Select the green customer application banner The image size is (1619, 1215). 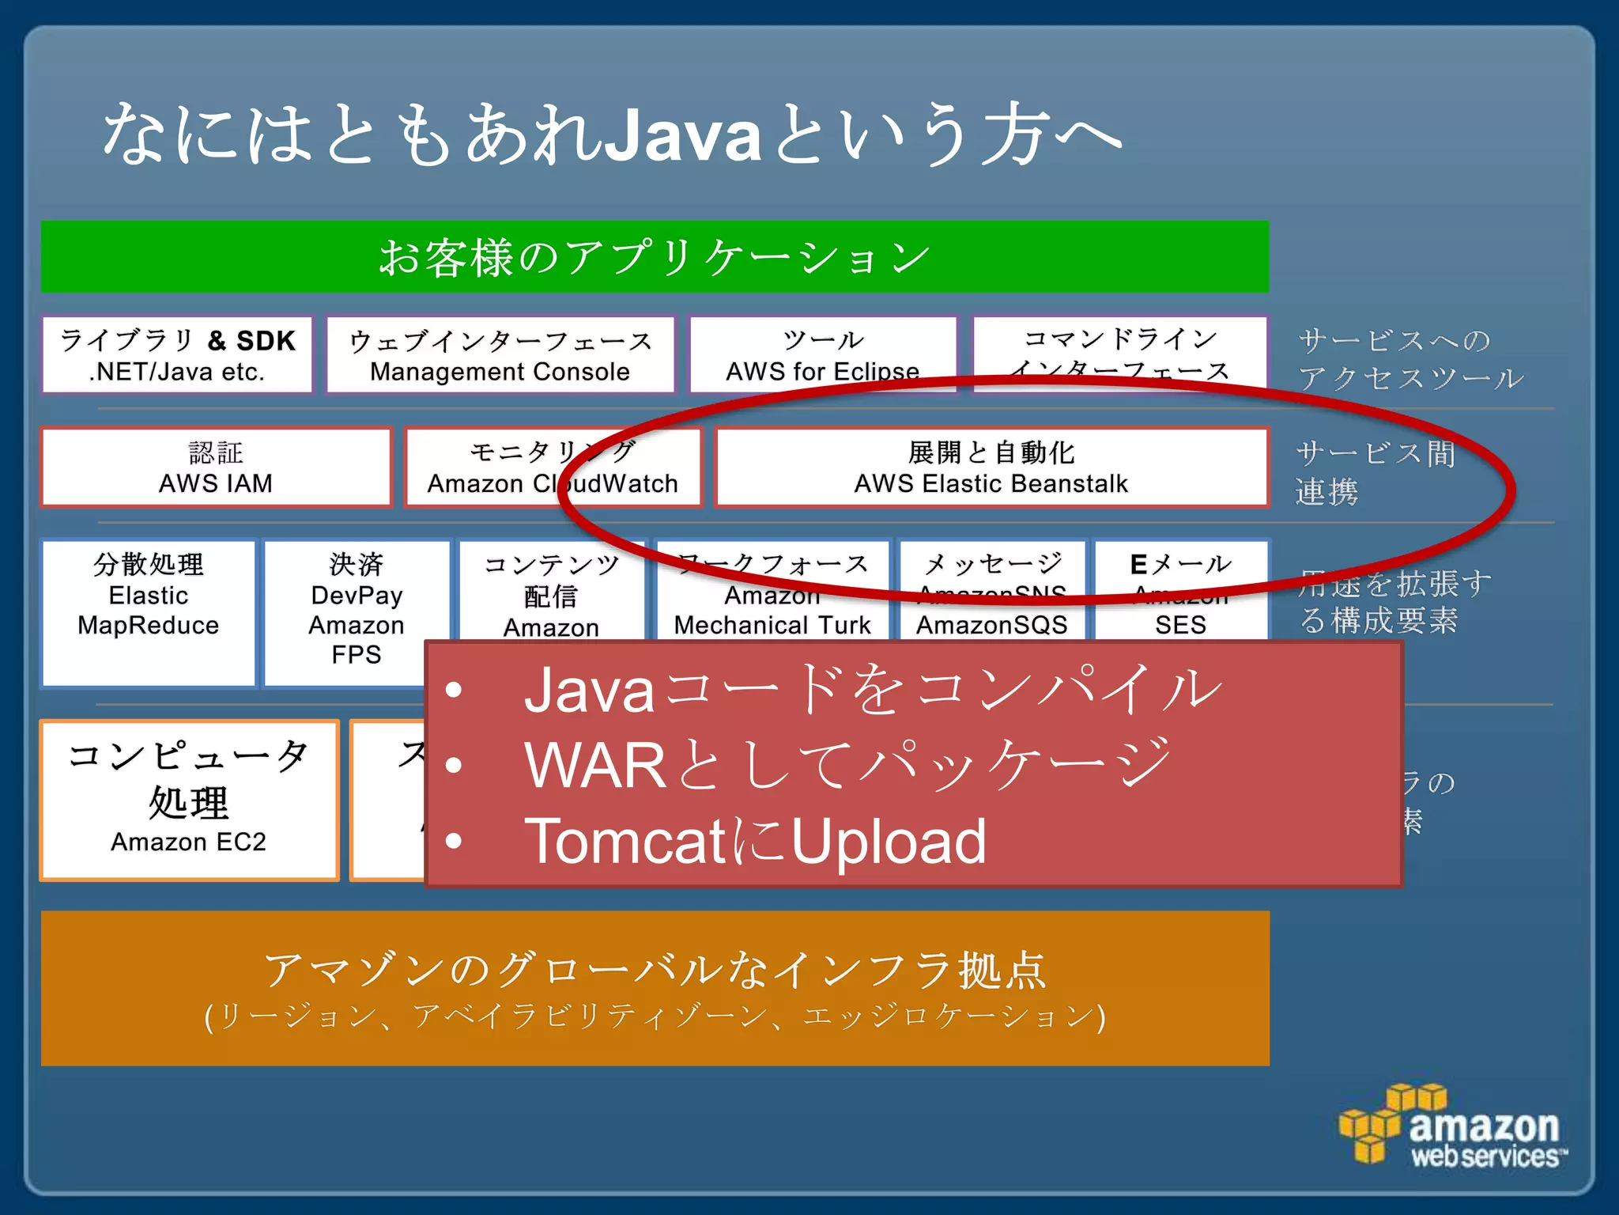(655, 257)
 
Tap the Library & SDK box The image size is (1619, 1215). (177, 355)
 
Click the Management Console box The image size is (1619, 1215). (500, 355)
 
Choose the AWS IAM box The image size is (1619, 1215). (216, 467)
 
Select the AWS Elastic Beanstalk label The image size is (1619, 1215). (991, 483)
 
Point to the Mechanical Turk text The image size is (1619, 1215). (772, 626)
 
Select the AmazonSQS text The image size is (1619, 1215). (991, 626)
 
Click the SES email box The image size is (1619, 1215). (1180, 624)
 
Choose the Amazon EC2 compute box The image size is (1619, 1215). (189, 800)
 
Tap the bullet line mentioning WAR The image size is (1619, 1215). (846, 765)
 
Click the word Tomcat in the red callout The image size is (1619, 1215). (625, 841)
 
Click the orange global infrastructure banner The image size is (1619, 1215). (655, 988)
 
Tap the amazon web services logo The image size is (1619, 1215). (1453, 1127)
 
